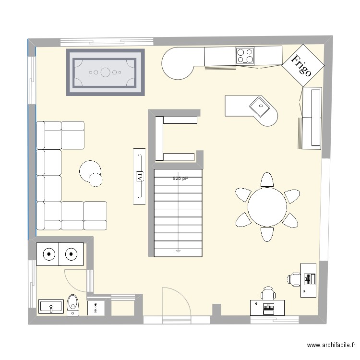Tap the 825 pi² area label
(180, 179)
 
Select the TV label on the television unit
(139, 177)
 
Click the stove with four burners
(245, 56)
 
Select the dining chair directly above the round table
(267, 180)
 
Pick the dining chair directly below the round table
(266, 234)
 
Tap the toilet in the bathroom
(73, 303)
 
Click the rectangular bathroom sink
(51, 306)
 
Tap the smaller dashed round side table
(96, 179)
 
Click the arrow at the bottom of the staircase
(178, 250)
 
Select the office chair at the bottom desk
(268, 293)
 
